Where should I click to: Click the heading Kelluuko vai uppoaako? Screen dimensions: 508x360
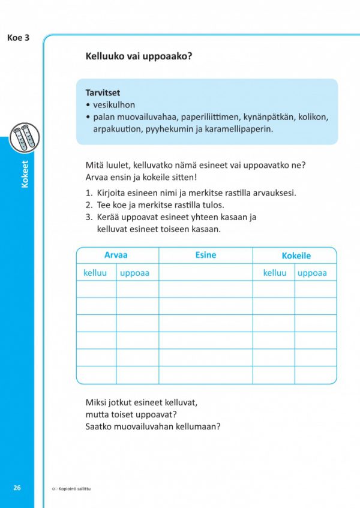click(x=143, y=57)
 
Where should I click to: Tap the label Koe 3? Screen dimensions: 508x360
click(x=18, y=38)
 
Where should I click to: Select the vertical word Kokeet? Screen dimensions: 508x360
click(x=25, y=174)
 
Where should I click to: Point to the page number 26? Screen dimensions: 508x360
click(x=17, y=488)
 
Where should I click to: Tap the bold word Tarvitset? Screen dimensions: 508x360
click(x=103, y=93)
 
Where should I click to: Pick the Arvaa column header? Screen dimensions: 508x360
click(x=116, y=255)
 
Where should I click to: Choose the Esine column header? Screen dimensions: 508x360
click(x=205, y=255)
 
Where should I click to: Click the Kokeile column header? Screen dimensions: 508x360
click(x=296, y=255)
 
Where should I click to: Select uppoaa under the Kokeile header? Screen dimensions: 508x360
click(x=312, y=273)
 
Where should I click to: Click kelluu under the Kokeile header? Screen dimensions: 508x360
click(x=275, y=273)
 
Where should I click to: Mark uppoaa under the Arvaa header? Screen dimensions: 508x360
click(x=134, y=273)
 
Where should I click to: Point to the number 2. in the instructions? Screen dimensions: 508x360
click(x=88, y=205)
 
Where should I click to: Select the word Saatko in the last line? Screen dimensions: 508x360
click(x=100, y=426)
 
